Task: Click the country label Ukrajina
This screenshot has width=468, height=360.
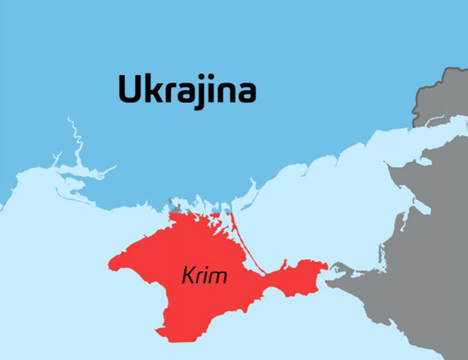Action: tap(187, 90)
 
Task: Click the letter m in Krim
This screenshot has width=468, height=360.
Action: tap(218, 277)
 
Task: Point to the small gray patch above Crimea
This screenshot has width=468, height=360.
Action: tap(175, 207)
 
